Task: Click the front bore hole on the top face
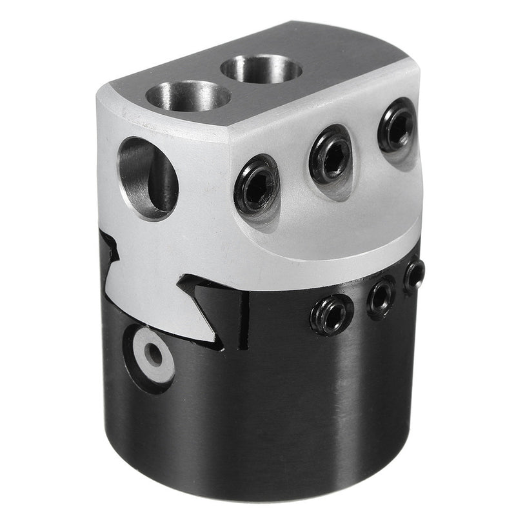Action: point(188,96)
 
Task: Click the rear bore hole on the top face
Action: point(261,68)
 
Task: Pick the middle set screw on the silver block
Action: point(330,154)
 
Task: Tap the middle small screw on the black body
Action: point(381,297)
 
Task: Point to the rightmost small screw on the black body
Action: point(414,277)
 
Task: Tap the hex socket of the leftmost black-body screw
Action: point(332,315)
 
